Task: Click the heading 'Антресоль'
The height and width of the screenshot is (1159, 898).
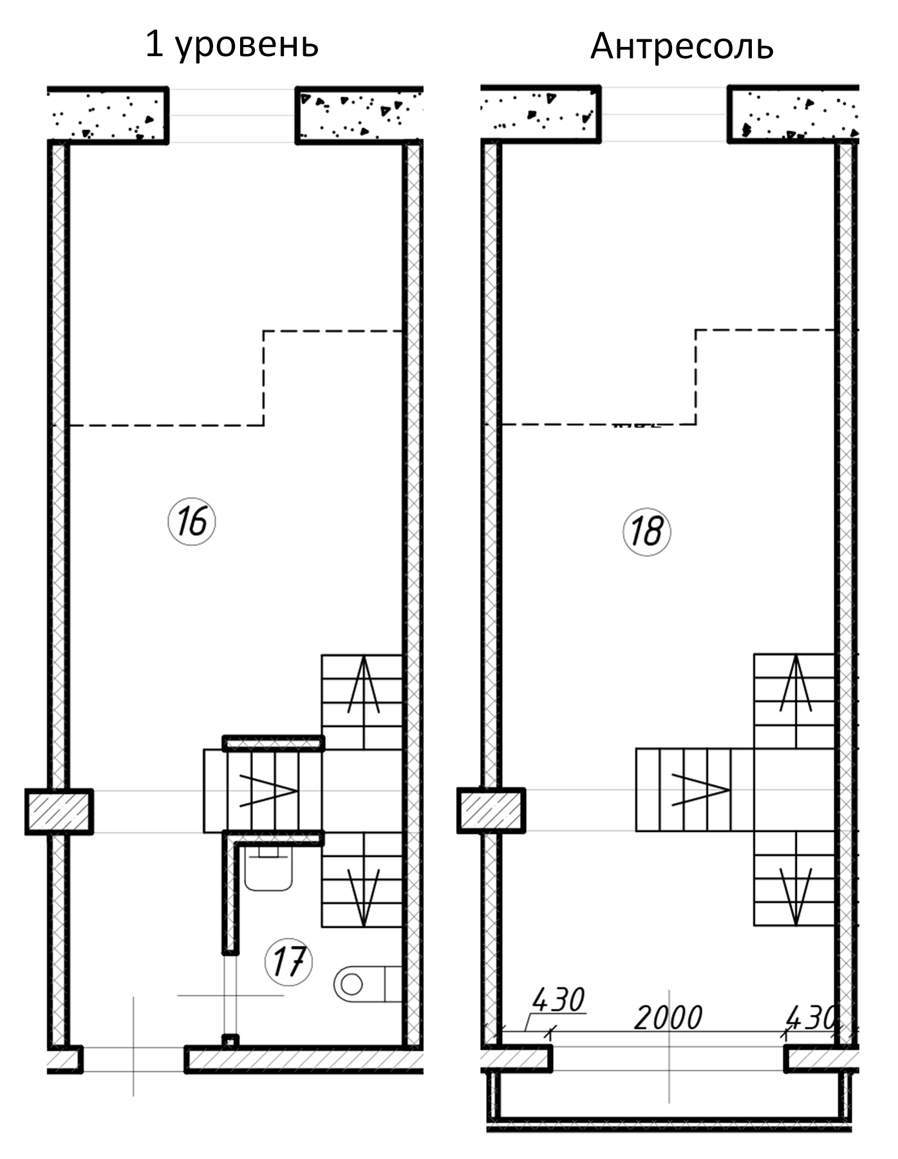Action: coord(682,46)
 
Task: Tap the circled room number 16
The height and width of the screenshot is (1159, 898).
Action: coord(192,522)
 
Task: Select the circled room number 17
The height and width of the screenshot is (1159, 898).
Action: coord(288,962)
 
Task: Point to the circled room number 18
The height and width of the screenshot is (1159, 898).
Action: coord(647,532)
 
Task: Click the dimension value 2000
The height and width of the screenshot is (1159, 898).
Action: coord(668,1018)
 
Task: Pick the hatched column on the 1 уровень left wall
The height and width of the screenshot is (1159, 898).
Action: coord(59,811)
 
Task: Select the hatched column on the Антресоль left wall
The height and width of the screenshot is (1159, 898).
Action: coord(491,810)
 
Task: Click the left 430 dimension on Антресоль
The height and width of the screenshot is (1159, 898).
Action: coord(558,1000)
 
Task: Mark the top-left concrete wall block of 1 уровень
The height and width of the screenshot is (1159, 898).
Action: coord(108,115)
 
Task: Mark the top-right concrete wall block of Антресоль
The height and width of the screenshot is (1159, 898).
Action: coord(794,114)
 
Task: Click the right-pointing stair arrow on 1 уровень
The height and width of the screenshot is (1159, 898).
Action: coord(268,790)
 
